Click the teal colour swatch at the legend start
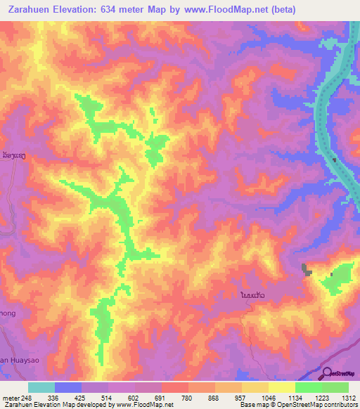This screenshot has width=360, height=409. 41,387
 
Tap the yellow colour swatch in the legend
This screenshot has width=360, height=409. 281,387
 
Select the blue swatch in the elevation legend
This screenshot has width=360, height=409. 68,387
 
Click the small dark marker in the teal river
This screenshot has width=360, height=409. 335,160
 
